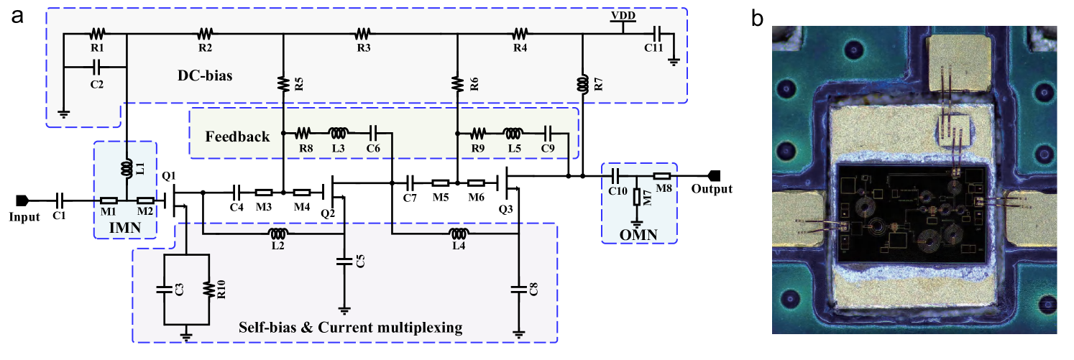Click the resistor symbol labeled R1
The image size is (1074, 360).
98,33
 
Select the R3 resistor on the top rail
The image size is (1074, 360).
363,33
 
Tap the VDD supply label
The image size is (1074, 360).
623,15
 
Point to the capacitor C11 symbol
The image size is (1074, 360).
656,33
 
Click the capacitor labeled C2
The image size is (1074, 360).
96,68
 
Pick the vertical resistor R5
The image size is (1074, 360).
284,84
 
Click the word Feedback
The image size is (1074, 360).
237,137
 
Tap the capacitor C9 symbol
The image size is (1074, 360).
548,133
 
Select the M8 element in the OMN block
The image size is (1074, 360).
661,175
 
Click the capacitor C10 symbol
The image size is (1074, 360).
616,175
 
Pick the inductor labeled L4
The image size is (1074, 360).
459,233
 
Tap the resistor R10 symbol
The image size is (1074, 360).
208,290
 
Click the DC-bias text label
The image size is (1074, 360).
205,75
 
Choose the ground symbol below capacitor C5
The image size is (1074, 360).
344,310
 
